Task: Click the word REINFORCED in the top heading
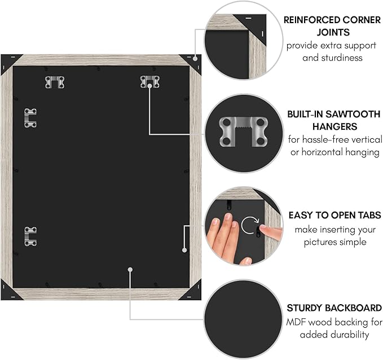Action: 311,20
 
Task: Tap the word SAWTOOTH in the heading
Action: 353,114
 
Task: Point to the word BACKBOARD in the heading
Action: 354,308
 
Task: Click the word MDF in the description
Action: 296,322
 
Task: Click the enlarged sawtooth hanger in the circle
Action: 244,131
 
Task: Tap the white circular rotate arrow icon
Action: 250,225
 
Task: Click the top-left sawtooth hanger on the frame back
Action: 55,82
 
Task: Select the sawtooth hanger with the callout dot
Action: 149,82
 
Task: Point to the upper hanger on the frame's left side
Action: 30,118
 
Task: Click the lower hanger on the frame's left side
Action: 30,236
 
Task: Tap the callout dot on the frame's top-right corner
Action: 195,59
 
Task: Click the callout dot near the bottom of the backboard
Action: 130,270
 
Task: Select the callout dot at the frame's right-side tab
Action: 184,250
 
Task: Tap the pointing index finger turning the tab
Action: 271,232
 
